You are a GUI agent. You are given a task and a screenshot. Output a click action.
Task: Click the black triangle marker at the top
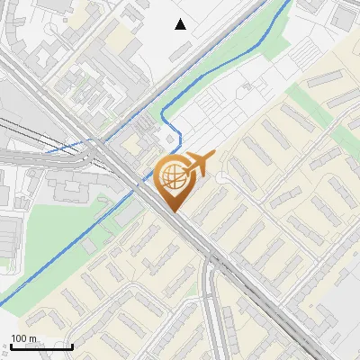pyautogui.click(x=181, y=24)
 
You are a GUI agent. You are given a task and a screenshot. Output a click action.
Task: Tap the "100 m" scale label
pyautogui.click(x=24, y=338)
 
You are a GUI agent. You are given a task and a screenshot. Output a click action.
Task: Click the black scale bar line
pyautogui.click(x=41, y=346)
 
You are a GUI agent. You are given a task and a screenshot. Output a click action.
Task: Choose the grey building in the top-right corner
pyautogui.click(x=343, y=16)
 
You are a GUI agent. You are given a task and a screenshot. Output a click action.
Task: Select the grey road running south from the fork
pyautogui.click(x=211, y=306)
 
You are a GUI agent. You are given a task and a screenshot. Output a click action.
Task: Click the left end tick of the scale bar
pyautogui.click(x=11, y=346)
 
